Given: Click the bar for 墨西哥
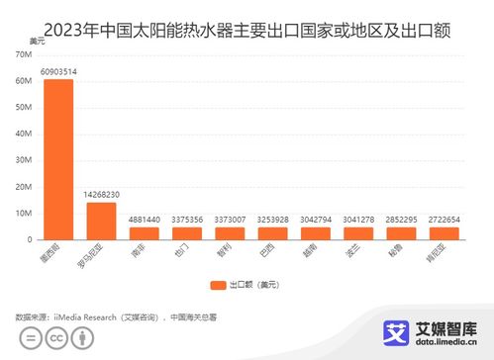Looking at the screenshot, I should tap(58, 158).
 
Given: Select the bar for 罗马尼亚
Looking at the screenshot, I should tap(102, 221).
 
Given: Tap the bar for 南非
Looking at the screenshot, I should tap(145, 233).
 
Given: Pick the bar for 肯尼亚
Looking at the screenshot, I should tap(444, 233).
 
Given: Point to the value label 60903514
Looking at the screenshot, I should tap(58, 71).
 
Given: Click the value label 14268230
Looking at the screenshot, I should tap(102, 195).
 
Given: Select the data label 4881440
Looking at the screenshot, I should tap(145, 220).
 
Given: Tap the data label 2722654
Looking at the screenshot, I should tap(444, 220).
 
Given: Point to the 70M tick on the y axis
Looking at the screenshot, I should tap(23, 54).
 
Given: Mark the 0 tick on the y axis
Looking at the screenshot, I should tap(29, 239).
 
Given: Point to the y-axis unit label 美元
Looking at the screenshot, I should tap(37, 41).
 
